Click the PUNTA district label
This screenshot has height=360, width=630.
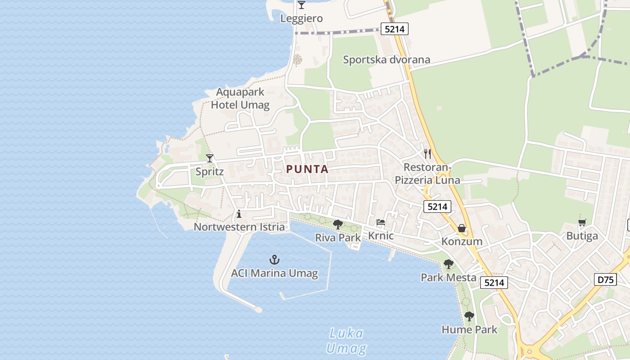click(307, 170)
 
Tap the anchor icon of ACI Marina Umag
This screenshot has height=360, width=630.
click(274, 260)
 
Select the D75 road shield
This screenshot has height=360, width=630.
click(605, 279)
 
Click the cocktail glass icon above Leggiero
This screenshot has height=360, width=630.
click(301, 5)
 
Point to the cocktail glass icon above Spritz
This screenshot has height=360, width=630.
click(210, 158)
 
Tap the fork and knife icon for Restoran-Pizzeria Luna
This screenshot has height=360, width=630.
click(427, 154)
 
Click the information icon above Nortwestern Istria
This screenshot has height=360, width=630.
click(239, 214)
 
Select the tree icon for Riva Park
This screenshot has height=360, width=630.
click(337, 224)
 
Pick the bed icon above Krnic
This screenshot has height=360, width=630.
click(381, 222)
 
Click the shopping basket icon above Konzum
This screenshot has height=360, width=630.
click(462, 228)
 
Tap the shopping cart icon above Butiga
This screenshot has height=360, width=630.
click(582, 222)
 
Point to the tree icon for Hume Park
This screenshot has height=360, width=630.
click(469, 316)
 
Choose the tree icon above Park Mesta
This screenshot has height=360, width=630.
click(448, 264)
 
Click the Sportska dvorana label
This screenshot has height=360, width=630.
click(387, 60)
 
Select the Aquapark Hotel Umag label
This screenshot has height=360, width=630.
click(240, 99)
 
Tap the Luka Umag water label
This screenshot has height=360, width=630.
click(346, 341)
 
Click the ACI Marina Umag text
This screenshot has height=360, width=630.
click(274, 273)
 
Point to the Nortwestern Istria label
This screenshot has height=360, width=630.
click(239, 227)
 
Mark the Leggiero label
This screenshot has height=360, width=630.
click(301, 18)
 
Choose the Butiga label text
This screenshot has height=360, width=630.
click(582, 236)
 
